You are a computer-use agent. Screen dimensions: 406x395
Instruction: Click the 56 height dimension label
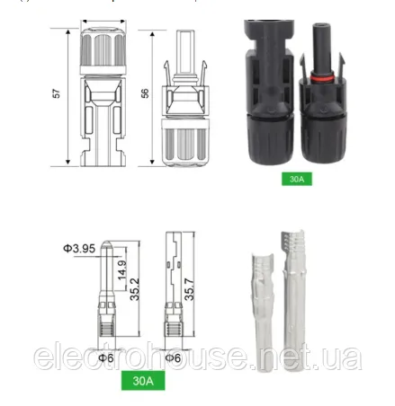147,93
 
